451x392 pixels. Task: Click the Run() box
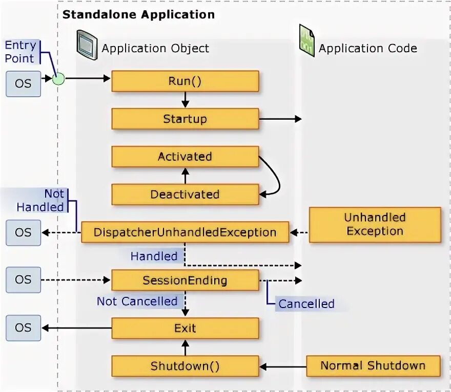pyautogui.click(x=185, y=81)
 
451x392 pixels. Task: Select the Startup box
pyautogui.click(x=185, y=119)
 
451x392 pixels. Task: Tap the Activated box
pyautogui.click(x=185, y=157)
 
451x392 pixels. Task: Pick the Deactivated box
pyautogui.click(x=185, y=194)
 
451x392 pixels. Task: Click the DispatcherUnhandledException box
pyautogui.click(x=185, y=232)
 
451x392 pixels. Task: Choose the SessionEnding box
pyautogui.click(x=185, y=280)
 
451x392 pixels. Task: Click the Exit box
pyautogui.click(x=185, y=328)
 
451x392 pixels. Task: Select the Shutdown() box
pyautogui.click(x=185, y=366)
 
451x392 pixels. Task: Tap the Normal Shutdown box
pyautogui.click(x=373, y=366)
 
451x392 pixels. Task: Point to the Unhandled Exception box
pyautogui.click(x=375, y=224)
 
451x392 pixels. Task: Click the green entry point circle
pyautogui.click(x=58, y=79)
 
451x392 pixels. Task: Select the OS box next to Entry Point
pyautogui.click(x=23, y=83)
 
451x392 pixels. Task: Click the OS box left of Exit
pyautogui.click(x=23, y=328)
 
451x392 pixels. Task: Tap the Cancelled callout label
pyautogui.click(x=306, y=304)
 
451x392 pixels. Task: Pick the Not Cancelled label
pyautogui.click(x=137, y=301)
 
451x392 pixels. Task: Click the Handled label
pyautogui.click(x=154, y=256)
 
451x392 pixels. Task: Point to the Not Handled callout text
pyautogui.click(x=41, y=201)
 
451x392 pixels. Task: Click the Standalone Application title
pyautogui.click(x=138, y=14)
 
